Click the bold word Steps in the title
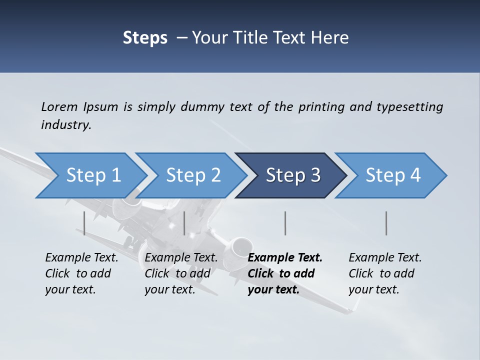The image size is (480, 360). point(145,38)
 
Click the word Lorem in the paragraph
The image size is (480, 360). point(59,106)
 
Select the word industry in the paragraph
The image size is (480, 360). point(66,125)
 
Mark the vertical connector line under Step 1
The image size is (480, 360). point(84,223)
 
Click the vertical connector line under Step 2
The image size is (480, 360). point(184,223)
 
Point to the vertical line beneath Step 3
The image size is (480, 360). point(285,223)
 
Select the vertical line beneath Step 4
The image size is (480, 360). point(386,223)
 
